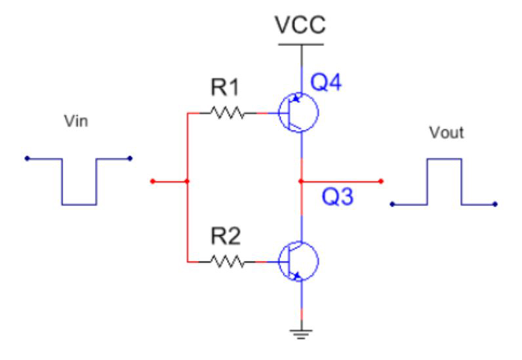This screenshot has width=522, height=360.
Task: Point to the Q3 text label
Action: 339,197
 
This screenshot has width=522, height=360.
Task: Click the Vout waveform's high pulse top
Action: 445,159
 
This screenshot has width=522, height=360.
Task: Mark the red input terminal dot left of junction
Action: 152,181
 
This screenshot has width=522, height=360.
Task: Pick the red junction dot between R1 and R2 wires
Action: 188,181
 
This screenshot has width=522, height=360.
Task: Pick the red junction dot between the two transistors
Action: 300,181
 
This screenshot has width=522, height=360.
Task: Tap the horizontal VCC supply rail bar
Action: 300,45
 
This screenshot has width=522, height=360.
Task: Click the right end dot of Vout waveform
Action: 496,205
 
